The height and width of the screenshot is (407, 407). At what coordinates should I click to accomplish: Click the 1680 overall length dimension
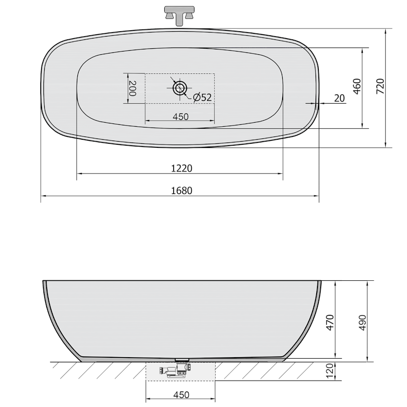pyautogui.click(x=182, y=191)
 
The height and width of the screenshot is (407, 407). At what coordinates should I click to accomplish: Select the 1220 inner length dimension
pyautogui.click(x=182, y=169)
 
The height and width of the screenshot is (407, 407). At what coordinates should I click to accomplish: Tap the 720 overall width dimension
pyautogui.click(x=380, y=86)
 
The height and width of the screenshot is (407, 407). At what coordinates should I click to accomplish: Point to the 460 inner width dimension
pyautogui.click(x=357, y=86)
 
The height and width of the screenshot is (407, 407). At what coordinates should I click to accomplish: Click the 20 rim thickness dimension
pyautogui.click(x=339, y=99)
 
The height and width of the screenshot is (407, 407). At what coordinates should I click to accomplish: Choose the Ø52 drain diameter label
pyautogui.click(x=203, y=97)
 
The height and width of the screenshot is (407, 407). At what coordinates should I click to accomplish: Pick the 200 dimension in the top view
pyautogui.click(x=133, y=89)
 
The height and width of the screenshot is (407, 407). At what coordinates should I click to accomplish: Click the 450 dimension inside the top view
pyautogui.click(x=180, y=117)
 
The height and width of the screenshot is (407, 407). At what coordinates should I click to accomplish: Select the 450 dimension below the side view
pyautogui.click(x=181, y=395)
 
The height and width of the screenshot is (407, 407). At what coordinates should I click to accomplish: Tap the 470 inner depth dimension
pyautogui.click(x=330, y=322)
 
